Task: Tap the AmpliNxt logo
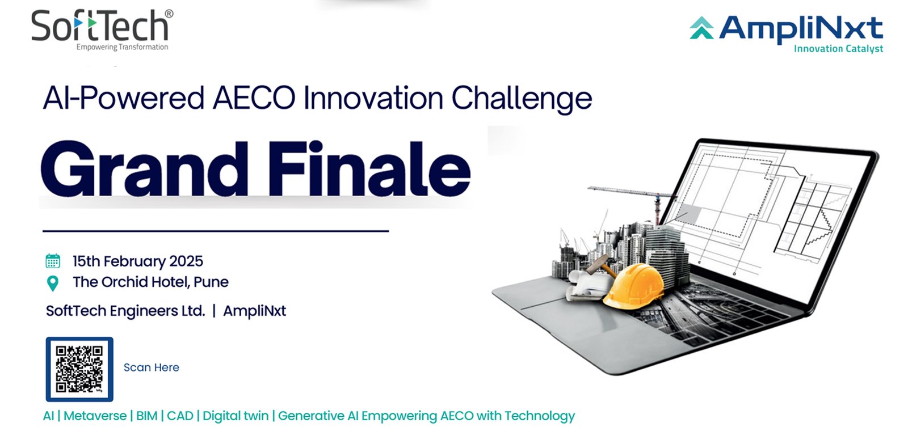tap(787, 34)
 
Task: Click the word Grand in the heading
tap(144, 170)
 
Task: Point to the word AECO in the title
tap(254, 99)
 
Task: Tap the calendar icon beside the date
tap(53, 261)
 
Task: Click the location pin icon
tap(53, 283)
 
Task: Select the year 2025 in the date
tap(186, 261)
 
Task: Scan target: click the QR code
tap(79, 369)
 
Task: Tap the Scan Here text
tap(151, 367)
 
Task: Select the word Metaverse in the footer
tap(95, 416)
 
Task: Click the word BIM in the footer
tap(147, 416)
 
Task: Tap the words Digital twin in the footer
tap(236, 416)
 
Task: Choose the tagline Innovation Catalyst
tap(838, 49)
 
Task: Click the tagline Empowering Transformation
tap(122, 48)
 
